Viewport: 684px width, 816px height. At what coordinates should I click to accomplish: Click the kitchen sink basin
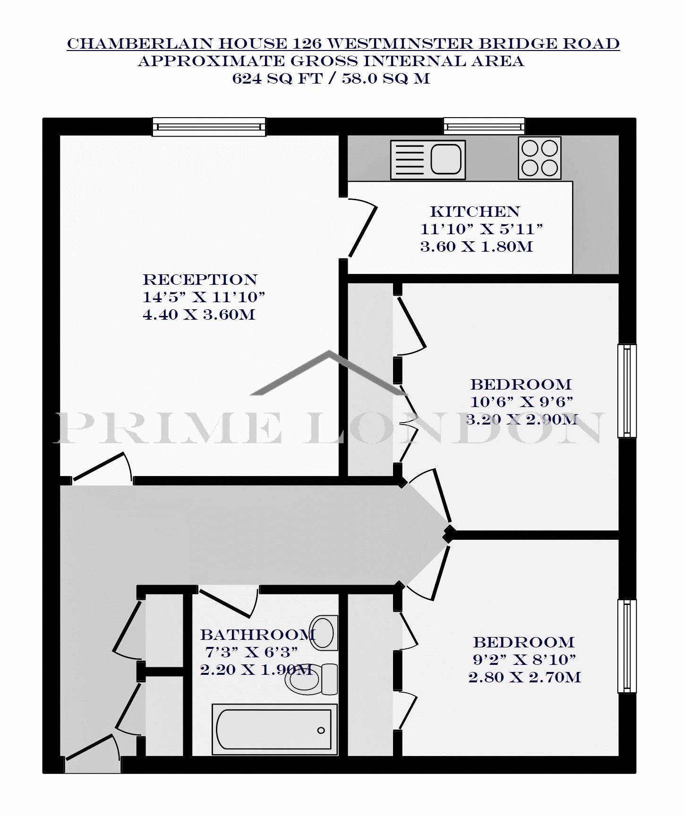[x=446, y=159]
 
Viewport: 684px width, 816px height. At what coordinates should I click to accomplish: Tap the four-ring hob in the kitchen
[x=539, y=158]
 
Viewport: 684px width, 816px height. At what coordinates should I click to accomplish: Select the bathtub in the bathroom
[x=274, y=729]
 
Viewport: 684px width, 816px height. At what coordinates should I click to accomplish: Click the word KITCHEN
[x=475, y=212]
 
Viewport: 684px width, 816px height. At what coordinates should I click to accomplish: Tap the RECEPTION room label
[x=200, y=280]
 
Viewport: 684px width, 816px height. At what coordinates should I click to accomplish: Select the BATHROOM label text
[x=258, y=635]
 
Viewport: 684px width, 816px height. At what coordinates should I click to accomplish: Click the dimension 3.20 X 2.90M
[x=522, y=419]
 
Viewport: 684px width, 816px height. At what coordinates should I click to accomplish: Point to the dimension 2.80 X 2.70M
[x=524, y=677]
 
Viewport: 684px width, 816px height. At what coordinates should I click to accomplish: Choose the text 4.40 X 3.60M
[x=199, y=314]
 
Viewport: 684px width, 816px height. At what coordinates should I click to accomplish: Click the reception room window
[x=209, y=127]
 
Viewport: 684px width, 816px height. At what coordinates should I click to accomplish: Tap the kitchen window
[x=484, y=126]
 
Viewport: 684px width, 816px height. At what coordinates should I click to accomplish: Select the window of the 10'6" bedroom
[x=627, y=391]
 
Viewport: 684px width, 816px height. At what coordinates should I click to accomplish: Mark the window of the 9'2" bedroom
[x=627, y=646]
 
